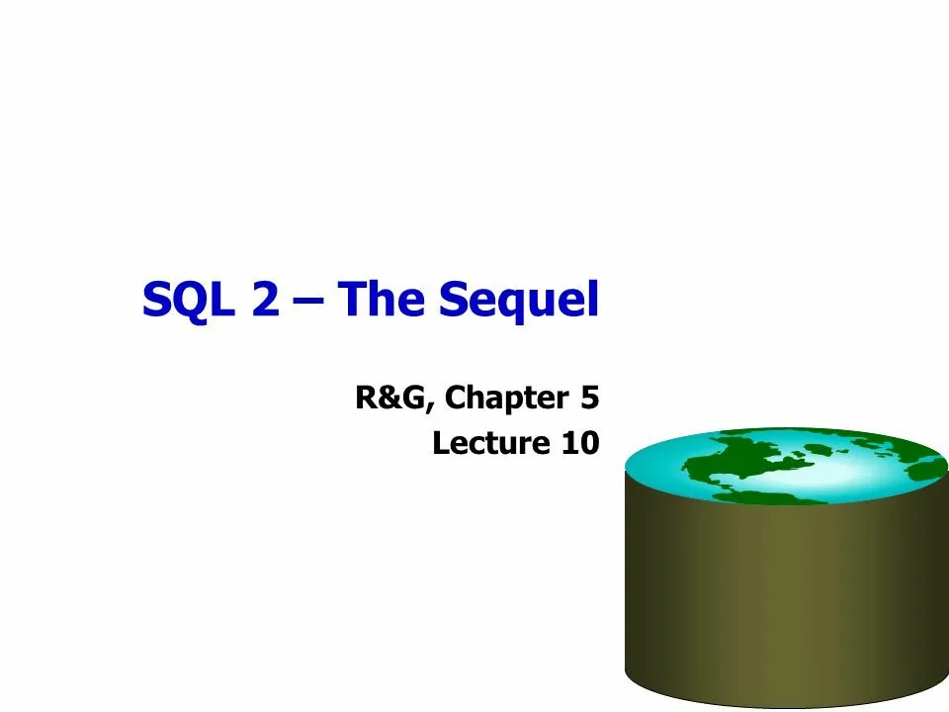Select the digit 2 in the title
[266, 299]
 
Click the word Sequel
[519, 301]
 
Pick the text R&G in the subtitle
[392, 399]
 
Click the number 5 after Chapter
[589, 399]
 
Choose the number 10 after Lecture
[579, 443]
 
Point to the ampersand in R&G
[392, 399]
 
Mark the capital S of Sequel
[454, 300]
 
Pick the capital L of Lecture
[441, 443]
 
